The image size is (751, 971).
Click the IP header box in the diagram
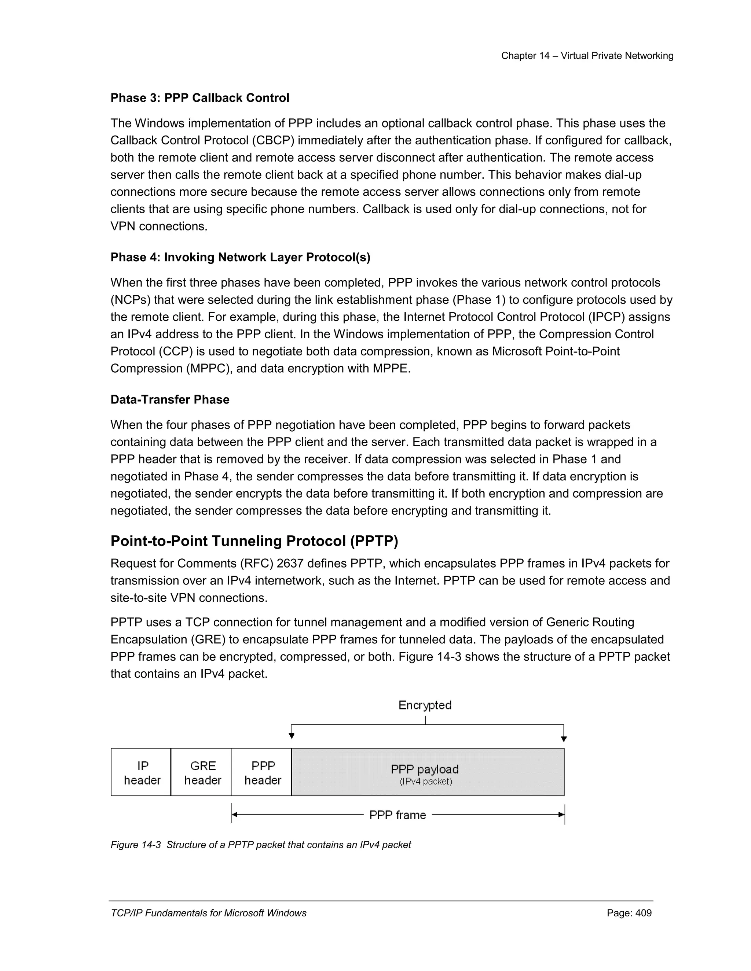click(x=141, y=773)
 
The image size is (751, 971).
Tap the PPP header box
click(x=261, y=773)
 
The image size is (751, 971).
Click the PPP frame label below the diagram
click(x=397, y=815)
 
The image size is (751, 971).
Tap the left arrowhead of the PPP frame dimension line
click(x=235, y=815)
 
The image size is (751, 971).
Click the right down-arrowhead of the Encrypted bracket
click(x=564, y=739)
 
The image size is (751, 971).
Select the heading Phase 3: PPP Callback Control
click(x=200, y=98)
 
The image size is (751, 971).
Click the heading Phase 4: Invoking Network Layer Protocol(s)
click(x=240, y=258)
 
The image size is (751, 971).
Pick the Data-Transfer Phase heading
click(x=170, y=400)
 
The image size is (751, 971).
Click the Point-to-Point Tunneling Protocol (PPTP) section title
click(x=254, y=541)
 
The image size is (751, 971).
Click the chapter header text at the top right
click(x=587, y=56)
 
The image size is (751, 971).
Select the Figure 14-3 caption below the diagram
click(x=261, y=845)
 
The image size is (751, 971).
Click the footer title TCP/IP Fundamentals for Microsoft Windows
click(x=208, y=913)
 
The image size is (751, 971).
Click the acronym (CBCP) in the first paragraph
click(x=273, y=140)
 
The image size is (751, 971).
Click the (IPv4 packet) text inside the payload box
click(x=426, y=782)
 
